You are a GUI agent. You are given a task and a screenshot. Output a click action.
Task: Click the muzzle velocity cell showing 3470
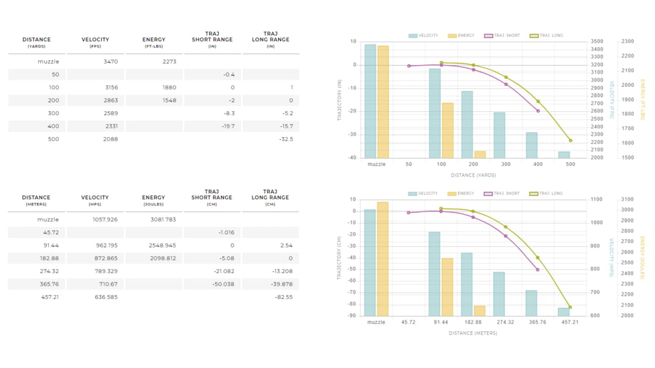[111, 62]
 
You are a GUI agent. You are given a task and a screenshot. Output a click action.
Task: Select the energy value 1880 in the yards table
[169, 88]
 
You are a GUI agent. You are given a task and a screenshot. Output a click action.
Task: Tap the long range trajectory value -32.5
[285, 139]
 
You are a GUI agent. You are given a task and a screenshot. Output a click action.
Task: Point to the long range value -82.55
[283, 297]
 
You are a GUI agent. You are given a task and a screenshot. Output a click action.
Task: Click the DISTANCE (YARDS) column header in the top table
[36, 42]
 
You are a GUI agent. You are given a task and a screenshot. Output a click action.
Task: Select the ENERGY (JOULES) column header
[153, 200]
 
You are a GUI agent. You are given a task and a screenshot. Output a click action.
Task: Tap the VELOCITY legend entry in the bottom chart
[423, 193]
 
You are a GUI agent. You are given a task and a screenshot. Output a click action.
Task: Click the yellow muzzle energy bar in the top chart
[383, 102]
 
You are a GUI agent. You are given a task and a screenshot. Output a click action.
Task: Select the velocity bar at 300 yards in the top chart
[500, 135]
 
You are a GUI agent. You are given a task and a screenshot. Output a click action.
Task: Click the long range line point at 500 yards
[571, 141]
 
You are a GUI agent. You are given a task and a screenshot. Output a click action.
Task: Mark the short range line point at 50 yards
[409, 66]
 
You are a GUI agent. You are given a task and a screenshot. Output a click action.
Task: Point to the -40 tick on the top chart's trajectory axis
[352, 158]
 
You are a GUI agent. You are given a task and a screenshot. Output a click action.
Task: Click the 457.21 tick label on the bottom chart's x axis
[570, 322]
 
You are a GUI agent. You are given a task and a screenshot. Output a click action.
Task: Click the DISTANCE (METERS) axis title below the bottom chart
[473, 333]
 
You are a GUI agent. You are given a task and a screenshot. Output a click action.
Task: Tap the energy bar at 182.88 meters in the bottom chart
[480, 311]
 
